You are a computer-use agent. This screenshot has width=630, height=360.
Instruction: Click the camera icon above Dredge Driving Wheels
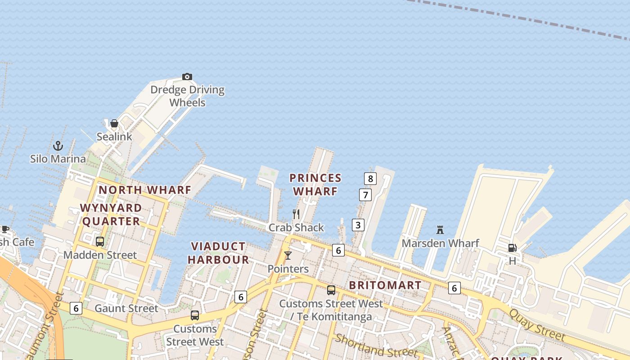[187, 77]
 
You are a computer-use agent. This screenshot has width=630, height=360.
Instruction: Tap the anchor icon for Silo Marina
[58, 146]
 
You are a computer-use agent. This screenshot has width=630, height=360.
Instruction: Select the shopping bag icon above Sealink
[114, 123]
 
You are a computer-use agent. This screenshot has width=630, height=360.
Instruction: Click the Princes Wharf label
[315, 184]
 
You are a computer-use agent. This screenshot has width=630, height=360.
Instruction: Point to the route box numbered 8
[370, 179]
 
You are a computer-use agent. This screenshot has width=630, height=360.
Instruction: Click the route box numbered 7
[365, 195]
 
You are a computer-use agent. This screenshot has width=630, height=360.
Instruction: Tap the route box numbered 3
[358, 225]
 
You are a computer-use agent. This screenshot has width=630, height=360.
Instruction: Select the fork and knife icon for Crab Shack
[296, 214]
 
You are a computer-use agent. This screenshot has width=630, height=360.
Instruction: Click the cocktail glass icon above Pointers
[288, 256]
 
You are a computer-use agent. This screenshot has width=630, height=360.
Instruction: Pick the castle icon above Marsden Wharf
[440, 230]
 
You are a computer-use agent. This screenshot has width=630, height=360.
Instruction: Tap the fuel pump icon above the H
[512, 248]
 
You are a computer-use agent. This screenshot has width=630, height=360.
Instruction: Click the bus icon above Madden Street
[100, 242]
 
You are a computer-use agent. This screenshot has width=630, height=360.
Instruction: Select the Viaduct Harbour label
[218, 253]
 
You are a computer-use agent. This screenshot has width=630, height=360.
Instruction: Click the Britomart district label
[385, 285]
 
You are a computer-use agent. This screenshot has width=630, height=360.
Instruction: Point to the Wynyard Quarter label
[111, 215]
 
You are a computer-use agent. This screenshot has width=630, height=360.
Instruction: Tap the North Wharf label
[145, 190]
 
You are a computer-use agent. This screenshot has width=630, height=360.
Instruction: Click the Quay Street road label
[537, 324]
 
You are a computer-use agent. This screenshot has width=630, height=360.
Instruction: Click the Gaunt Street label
[126, 308]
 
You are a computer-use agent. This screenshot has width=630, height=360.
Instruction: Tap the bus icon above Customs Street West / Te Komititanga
[331, 290]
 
